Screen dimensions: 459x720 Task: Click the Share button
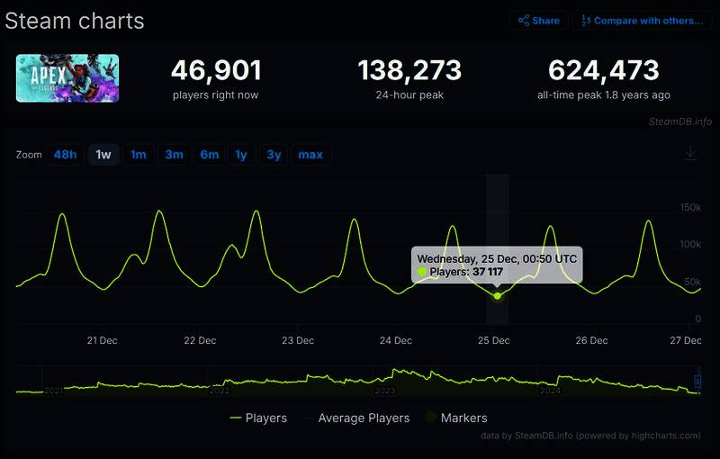point(537,20)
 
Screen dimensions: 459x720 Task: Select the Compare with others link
point(642,20)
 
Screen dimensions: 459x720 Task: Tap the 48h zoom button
point(65,155)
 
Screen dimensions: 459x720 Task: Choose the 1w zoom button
point(103,155)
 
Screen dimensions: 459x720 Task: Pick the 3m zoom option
point(174,155)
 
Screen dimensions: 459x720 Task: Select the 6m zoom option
point(209,155)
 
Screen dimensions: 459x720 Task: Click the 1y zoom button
point(240,155)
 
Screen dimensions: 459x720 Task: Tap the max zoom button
point(310,155)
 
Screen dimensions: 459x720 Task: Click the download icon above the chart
point(690,153)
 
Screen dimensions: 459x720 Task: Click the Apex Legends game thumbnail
point(67,78)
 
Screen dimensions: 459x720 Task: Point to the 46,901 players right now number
point(216,70)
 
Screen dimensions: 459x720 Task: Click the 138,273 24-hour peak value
point(409,70)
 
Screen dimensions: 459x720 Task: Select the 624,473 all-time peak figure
point(603,70)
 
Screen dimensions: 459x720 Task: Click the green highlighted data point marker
point(498,295)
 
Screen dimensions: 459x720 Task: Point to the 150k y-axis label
point(690,208)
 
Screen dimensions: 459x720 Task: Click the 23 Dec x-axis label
point(298,340)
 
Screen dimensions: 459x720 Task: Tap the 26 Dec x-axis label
point(591,340)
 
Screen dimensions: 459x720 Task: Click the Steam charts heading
point(74,21)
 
